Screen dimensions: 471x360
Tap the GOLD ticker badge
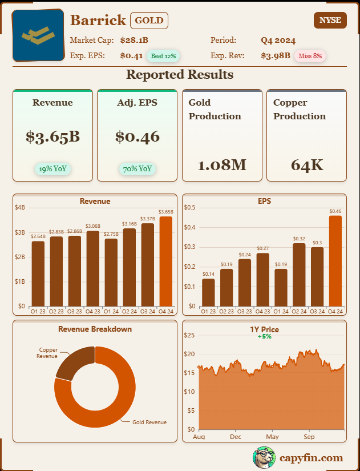pyautogui.click(x=149, y=21)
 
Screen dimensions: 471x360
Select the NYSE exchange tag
pyautogui.click(x=330, y=20)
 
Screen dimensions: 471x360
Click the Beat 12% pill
pyautogui.click(x=164, y=56)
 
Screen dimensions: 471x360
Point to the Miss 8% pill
pyautogui.click(x=310, y=56)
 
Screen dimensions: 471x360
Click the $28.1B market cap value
pyautogui.click(x=134, y=40)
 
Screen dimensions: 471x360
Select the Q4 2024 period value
pyautogui.click(x=278, y=40)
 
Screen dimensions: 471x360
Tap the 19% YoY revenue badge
pyautogui.click(x=52, y=168)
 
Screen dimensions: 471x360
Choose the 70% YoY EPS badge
pyautogui.click(x=137, y=168)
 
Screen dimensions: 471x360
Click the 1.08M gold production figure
pyautogui.click(x=222, y=166)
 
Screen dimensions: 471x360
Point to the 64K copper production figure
pyautogui.click(x=307, y=166)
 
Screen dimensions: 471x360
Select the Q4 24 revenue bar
pyautogui.click(x=165, y=261)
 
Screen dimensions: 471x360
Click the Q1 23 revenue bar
pyautogui.click(x=38, y=273)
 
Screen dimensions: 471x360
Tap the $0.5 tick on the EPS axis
pyautogui.click(x=189, y=207)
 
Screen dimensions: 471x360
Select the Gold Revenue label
pyautogui.click(x=149, y=422)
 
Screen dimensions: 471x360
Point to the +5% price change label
pyautogui.click(x=264, y=337)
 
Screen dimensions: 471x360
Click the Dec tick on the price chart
pyautogui.click(x=236, y=437)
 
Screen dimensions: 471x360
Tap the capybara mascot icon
pyautogui.click(x=264, y=457)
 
